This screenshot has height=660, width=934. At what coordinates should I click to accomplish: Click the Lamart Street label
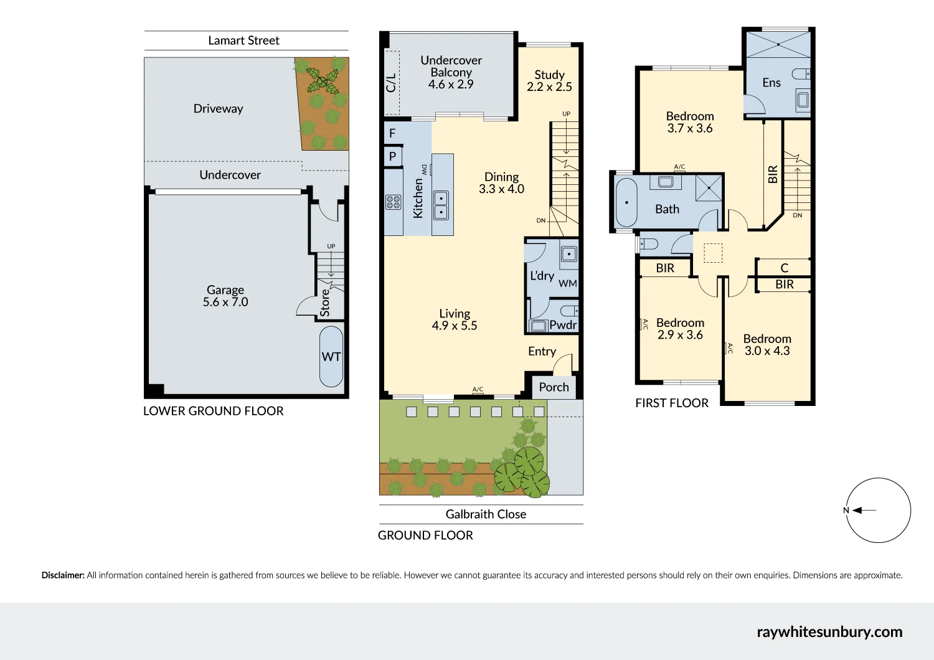click(x=243, y=40)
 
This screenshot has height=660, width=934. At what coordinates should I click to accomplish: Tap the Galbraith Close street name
click(x=486, y=514)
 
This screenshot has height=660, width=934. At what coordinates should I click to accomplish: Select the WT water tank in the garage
click(x=331, y=357)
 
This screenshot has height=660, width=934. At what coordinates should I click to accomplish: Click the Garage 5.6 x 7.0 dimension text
click(x=225, y=302)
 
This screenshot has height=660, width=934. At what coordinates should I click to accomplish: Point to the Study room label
click(x=549, y=75)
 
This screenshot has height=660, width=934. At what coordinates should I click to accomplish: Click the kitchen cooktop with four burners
click(x=393, y=202)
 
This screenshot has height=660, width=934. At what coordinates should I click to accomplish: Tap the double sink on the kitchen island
click(x=441, y=205)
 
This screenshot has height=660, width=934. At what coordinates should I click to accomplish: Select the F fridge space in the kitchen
click(x=392, y=133)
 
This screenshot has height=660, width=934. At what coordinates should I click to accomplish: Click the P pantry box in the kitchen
click(x=392, y=156)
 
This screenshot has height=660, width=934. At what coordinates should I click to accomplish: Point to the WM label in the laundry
click(x=567, y=284)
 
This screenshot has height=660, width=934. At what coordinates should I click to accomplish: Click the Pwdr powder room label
click(x=563, y=325)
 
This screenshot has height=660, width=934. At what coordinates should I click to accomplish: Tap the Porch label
click(x=554, y=387)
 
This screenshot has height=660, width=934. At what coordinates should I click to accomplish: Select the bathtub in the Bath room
click(x=626, y=203)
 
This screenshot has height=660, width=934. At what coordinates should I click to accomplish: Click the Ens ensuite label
click(x=771, y=83)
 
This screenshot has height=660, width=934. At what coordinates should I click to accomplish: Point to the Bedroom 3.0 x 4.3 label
click(x=767, y=345)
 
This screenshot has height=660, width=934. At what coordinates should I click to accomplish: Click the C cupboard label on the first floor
click(x=784, y=268)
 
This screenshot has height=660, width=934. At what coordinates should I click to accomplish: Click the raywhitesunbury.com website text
click(x=829, y=632)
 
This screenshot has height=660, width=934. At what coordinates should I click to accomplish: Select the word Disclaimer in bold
click(x=63, y=575)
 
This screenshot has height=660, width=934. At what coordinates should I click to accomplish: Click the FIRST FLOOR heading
click(x=671, y=403)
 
